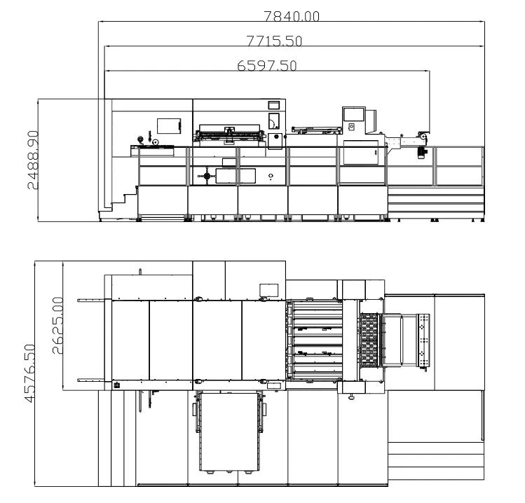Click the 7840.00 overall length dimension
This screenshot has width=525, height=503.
292,16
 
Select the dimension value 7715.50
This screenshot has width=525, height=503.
274,41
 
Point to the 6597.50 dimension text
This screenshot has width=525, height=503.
267,66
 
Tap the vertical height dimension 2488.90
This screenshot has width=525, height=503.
33,160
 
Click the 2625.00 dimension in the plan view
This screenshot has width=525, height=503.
57,325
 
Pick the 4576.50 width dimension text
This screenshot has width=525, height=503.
30,373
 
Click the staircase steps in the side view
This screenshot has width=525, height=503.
124,199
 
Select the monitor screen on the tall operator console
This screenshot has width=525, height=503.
353,114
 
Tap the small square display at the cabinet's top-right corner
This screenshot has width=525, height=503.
274,105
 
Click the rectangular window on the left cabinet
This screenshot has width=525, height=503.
169,126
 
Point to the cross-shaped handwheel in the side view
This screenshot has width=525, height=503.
207,176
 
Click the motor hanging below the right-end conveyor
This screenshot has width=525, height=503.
421,152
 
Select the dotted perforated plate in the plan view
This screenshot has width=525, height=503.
423,340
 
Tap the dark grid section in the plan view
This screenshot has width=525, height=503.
369,340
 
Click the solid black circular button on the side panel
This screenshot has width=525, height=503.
277,137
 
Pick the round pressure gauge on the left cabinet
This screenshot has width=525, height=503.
140,139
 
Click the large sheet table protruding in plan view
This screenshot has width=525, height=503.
229,432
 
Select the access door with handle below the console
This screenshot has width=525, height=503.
361,153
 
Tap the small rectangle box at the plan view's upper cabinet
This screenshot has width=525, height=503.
269,290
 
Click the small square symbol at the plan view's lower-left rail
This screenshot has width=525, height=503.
117,385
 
